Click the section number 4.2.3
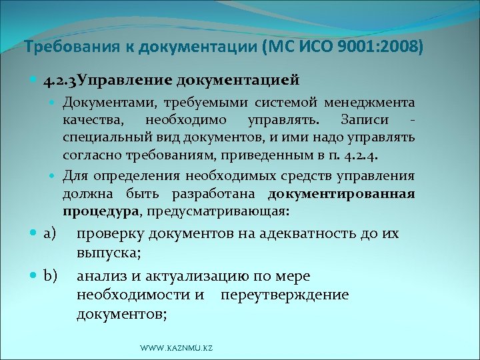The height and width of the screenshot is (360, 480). [60, 81]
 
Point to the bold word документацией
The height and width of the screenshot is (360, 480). [237, 81]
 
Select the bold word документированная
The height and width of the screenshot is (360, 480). [341, 194]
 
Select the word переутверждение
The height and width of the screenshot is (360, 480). [285, 295]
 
